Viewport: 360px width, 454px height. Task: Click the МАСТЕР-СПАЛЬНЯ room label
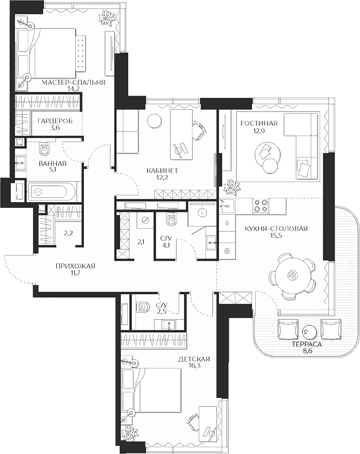tap(73, 82)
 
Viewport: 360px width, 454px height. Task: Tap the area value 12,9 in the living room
tap(259, 131)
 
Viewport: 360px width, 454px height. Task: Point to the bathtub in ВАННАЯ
tap(51, 191)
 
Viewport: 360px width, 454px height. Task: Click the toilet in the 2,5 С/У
tap(143, 308)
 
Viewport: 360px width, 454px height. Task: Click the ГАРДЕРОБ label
tap(55, 121)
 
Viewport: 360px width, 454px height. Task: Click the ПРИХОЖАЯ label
tap(75, 266)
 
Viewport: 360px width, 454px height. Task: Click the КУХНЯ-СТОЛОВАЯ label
tap(276, 229)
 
